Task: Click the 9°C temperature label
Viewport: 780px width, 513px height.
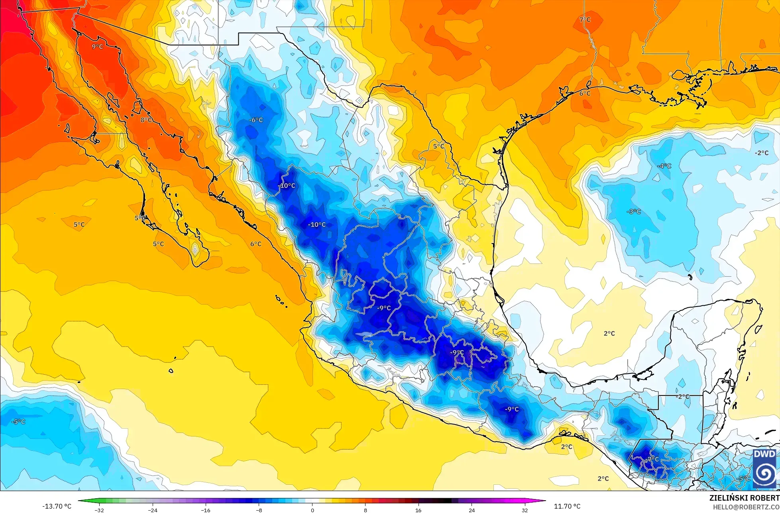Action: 97,47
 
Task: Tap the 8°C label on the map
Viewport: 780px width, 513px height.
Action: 146,120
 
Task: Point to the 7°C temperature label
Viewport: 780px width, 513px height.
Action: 585,20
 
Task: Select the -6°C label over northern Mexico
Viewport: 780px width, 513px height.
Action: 256,120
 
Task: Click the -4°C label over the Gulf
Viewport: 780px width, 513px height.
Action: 664,166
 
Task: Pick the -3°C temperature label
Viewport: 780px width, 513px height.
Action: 633,211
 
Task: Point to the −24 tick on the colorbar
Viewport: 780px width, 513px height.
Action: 152,510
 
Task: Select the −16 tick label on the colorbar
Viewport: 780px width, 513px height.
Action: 205,510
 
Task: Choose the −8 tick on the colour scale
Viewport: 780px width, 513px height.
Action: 259,510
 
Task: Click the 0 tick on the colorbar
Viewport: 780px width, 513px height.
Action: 312,510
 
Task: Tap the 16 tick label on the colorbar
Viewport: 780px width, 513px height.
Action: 418,510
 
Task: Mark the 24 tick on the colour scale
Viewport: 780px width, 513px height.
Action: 472,510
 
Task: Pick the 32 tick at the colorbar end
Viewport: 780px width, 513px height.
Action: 525,510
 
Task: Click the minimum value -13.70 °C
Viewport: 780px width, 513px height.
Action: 57,506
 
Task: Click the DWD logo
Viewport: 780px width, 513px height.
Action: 764,469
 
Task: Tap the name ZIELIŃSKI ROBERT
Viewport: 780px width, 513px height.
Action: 744,498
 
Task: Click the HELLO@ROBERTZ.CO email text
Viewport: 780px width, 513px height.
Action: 746,507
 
